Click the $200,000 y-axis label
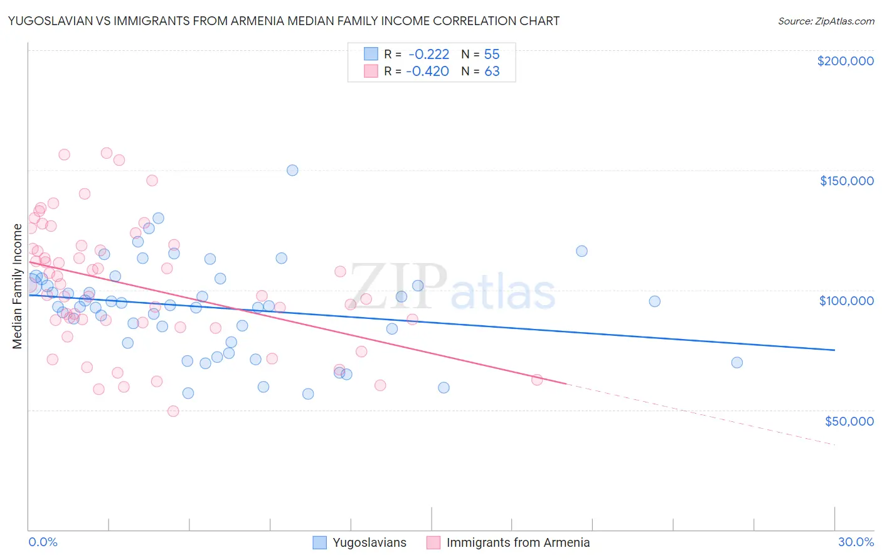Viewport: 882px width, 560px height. tap(845, 61)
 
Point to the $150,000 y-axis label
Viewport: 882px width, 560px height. tap(846, 181)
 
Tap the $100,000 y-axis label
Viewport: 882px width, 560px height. tap(846, 301)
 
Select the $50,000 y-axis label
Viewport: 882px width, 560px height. tap(849, 421)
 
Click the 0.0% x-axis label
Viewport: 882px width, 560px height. tap(43, 542)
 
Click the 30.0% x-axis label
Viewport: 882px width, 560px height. tap(856, 542)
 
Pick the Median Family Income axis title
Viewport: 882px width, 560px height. tap(18, 286)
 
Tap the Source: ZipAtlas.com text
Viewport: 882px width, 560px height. tap(826, 21)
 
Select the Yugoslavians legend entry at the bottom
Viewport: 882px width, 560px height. tap(360, 542)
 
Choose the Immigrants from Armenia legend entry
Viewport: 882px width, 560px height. tap(508, 542)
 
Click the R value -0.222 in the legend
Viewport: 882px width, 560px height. tap(428, 54)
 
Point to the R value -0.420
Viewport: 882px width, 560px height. tap(428, 71)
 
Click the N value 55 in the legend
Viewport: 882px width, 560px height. tap(492, 54)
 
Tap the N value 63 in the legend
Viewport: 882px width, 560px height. tap(492, 71)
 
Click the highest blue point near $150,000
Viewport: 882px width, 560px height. tap(292, 170)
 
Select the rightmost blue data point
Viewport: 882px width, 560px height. tap(737, 362)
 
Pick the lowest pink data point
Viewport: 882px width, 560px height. tap(173, 411)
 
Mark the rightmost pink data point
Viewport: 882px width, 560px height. tap(537, 380)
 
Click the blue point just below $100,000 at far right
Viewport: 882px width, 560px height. tap(655, 301)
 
